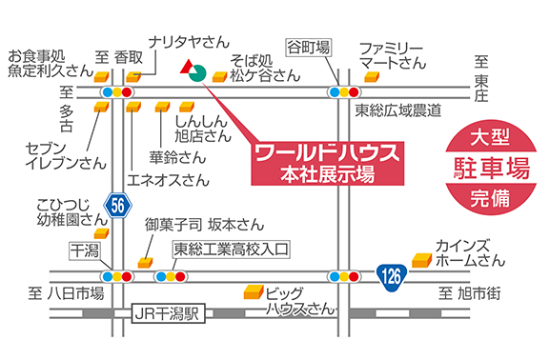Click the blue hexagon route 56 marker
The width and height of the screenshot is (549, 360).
(117, 205)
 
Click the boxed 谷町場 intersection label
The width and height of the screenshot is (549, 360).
(310, 44)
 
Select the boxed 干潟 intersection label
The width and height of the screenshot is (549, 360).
(83, 250)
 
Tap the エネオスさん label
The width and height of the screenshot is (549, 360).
(168, 178)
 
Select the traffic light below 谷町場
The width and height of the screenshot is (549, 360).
(342, 92)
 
